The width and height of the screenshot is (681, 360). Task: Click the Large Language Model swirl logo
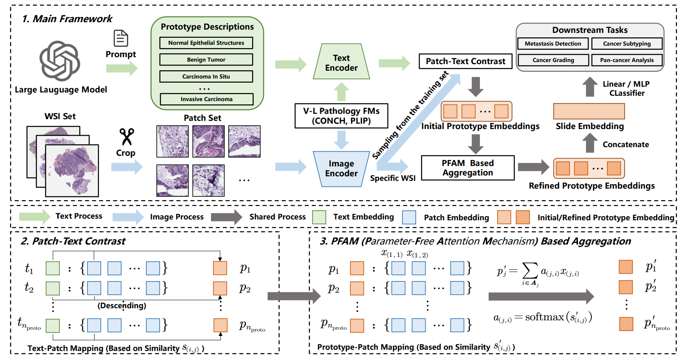coord(60,61)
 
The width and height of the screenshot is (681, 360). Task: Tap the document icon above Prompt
coord(121,38)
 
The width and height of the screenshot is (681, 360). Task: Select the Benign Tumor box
coord(206,60)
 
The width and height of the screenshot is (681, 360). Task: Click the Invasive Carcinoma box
coord(206,99)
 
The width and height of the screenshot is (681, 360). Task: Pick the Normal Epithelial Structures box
coord(206,43)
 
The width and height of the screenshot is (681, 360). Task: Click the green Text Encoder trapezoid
coord(341,62)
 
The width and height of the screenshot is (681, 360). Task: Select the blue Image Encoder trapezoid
coord(341,168)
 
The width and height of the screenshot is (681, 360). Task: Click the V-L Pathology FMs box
coord(341,116)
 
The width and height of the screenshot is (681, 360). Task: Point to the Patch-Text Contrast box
coord(466,61)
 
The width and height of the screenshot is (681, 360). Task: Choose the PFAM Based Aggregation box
coord(468,168)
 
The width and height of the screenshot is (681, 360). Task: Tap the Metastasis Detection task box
coord(553,44)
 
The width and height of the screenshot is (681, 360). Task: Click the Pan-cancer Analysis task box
coord(627,60)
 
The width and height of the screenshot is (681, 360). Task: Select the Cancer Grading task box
coord(553,60)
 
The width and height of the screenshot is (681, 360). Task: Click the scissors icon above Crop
coord(127,136)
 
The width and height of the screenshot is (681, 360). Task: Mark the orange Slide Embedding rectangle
coord(589,111)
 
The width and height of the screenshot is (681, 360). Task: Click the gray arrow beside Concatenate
coord(590,143)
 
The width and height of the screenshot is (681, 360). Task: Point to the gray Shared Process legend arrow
coord(227,217)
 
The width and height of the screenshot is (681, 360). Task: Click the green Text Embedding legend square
coord(319,217)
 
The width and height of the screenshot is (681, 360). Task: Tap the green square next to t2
coord(53,288)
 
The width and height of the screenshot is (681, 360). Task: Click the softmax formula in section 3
coord(542,318)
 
